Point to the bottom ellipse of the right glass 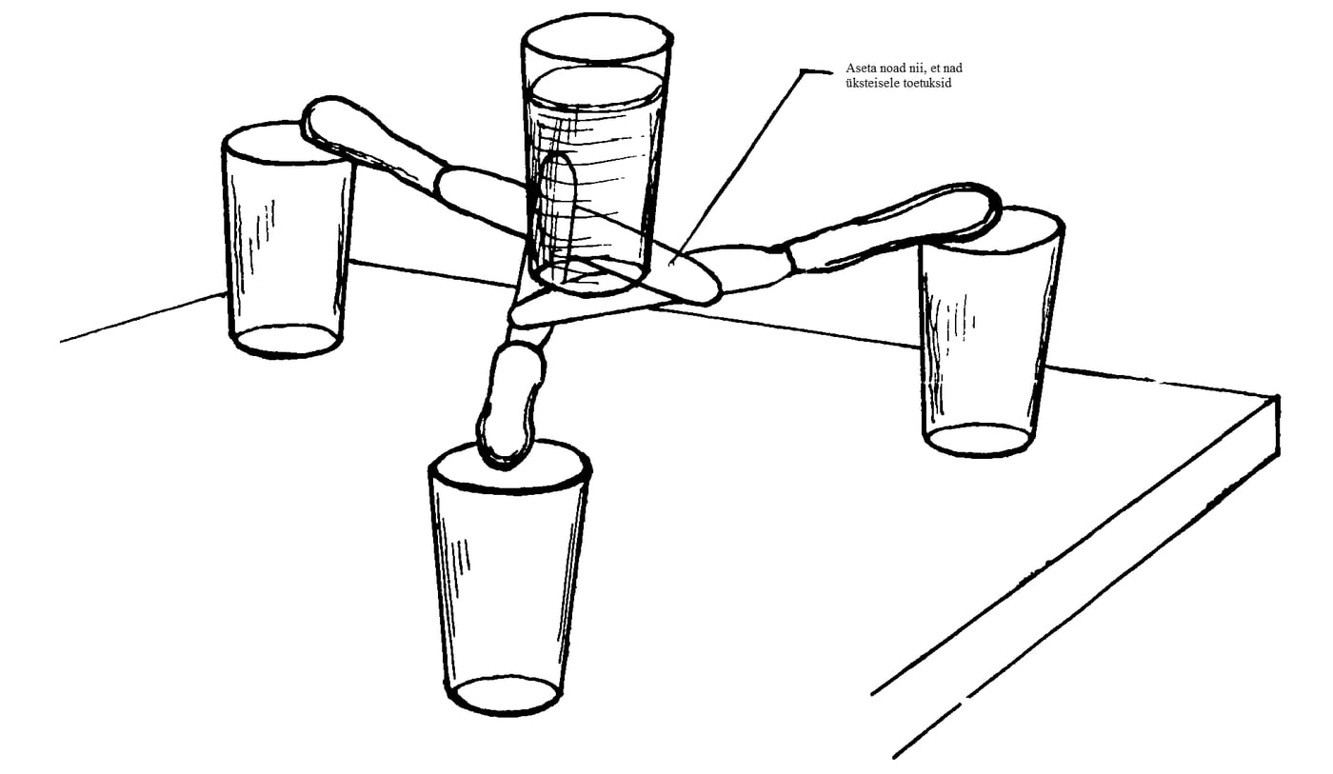(x=976, y=441)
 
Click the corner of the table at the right (x=1276, y=397)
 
